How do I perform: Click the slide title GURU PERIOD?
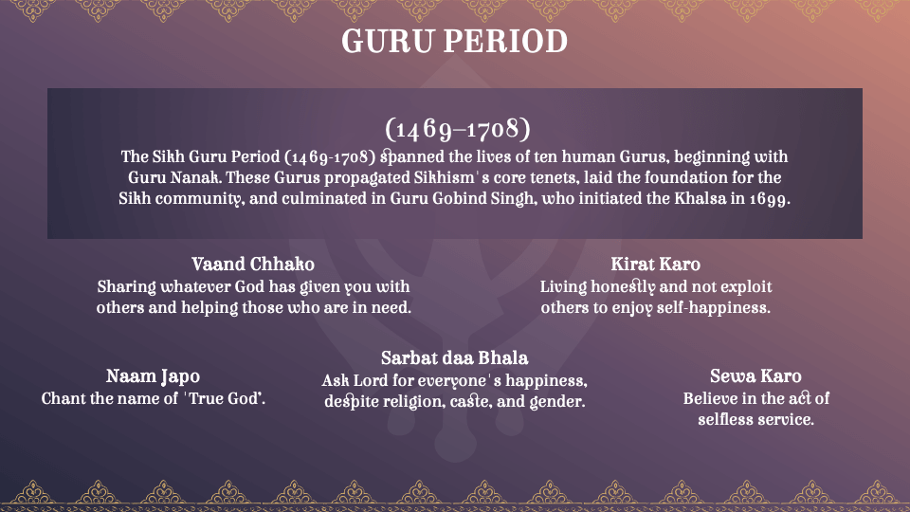[454, 42]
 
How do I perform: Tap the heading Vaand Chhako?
[253, 264]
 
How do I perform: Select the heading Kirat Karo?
[656, 264]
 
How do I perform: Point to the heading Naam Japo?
[153, 376]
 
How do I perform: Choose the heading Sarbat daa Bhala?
[454, 357]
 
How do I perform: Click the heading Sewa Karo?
[755, 376]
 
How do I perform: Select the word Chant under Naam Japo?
[63, 399]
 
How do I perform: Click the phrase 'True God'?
[226, 399]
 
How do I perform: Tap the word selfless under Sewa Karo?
[725, 419]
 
